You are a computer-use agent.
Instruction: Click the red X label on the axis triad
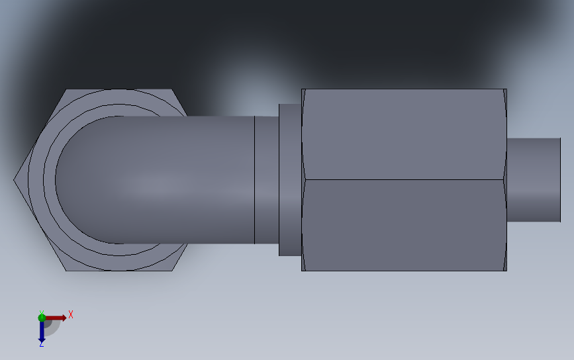[x=71, y=314]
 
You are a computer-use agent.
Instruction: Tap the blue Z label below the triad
[x=42, y=344]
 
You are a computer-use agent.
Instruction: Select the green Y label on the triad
[x=42, y=313]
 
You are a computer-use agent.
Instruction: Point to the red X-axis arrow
[x=56, y=318]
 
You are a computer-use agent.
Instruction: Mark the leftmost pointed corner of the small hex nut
[x=14, y=179]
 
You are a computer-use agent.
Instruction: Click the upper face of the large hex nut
[x=404, y=134]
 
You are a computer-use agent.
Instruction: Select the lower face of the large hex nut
[x=404, y=226]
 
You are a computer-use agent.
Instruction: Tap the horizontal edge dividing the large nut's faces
[x=404, y=179]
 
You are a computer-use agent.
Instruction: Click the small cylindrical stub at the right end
[x=534, y=179]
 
